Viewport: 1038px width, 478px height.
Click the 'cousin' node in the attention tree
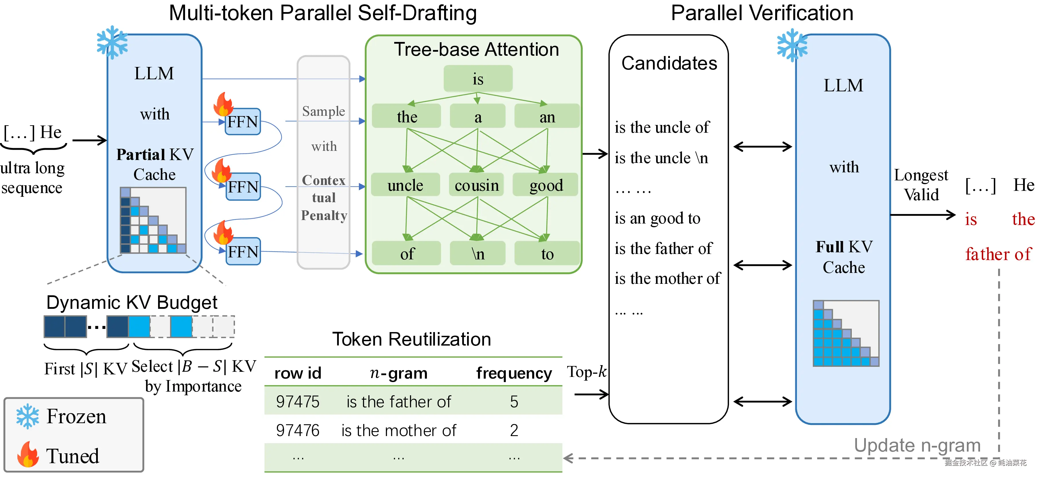click(477, 185)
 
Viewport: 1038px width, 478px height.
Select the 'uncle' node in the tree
click(405, 185)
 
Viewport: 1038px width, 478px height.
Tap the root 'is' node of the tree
click(478, 79)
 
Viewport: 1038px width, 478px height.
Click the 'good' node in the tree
click(546, 185)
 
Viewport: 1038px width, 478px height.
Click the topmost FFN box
click(243, 122)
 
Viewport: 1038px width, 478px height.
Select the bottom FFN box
click(243, 251)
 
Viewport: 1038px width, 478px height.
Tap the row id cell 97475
click(298, 402)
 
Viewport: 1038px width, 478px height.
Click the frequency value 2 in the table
click(514, 430)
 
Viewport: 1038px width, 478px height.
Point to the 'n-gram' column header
click(399, 373)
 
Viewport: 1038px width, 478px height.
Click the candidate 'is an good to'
click(658, 218)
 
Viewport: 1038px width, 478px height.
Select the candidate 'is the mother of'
click(668, 278)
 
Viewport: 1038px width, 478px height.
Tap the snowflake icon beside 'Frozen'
click(28, 416)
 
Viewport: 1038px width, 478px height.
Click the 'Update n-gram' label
click(918, 445)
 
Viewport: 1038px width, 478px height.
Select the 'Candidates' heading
click(669, 63)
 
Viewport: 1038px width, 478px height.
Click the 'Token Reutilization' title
click(412, 339)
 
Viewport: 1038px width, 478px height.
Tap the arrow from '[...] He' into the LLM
click(90, 140)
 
